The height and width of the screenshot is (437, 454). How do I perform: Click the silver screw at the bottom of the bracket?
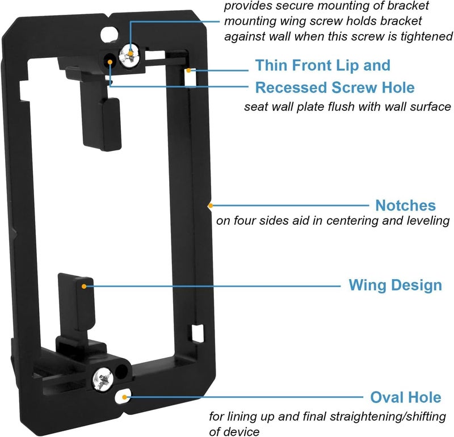103,379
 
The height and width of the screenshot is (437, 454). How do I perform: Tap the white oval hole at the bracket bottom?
123,397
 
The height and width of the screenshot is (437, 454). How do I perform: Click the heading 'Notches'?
405,205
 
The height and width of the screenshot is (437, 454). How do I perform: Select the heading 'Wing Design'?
395,285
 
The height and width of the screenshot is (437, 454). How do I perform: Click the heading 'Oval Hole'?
406,397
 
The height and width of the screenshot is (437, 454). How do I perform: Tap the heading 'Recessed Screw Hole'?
335,87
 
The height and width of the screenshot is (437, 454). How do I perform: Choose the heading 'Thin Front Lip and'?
323,65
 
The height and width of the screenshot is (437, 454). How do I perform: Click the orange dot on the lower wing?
84,287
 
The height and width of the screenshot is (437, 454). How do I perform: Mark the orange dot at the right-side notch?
211,205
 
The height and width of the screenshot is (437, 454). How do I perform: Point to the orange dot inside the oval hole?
124,397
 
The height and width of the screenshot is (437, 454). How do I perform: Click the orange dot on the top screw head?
131,53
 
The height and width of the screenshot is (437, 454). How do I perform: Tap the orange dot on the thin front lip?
188,70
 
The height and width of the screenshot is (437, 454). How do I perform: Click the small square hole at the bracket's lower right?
197,333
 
